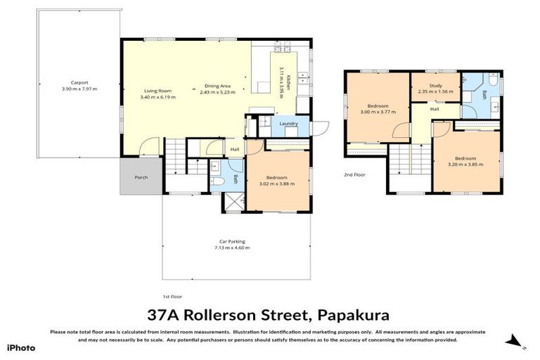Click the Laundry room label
(288, 124)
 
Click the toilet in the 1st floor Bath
(218, 181)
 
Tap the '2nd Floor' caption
(354, 174)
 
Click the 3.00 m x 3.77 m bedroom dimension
(375, 111)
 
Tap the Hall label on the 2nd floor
(435, 109)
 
